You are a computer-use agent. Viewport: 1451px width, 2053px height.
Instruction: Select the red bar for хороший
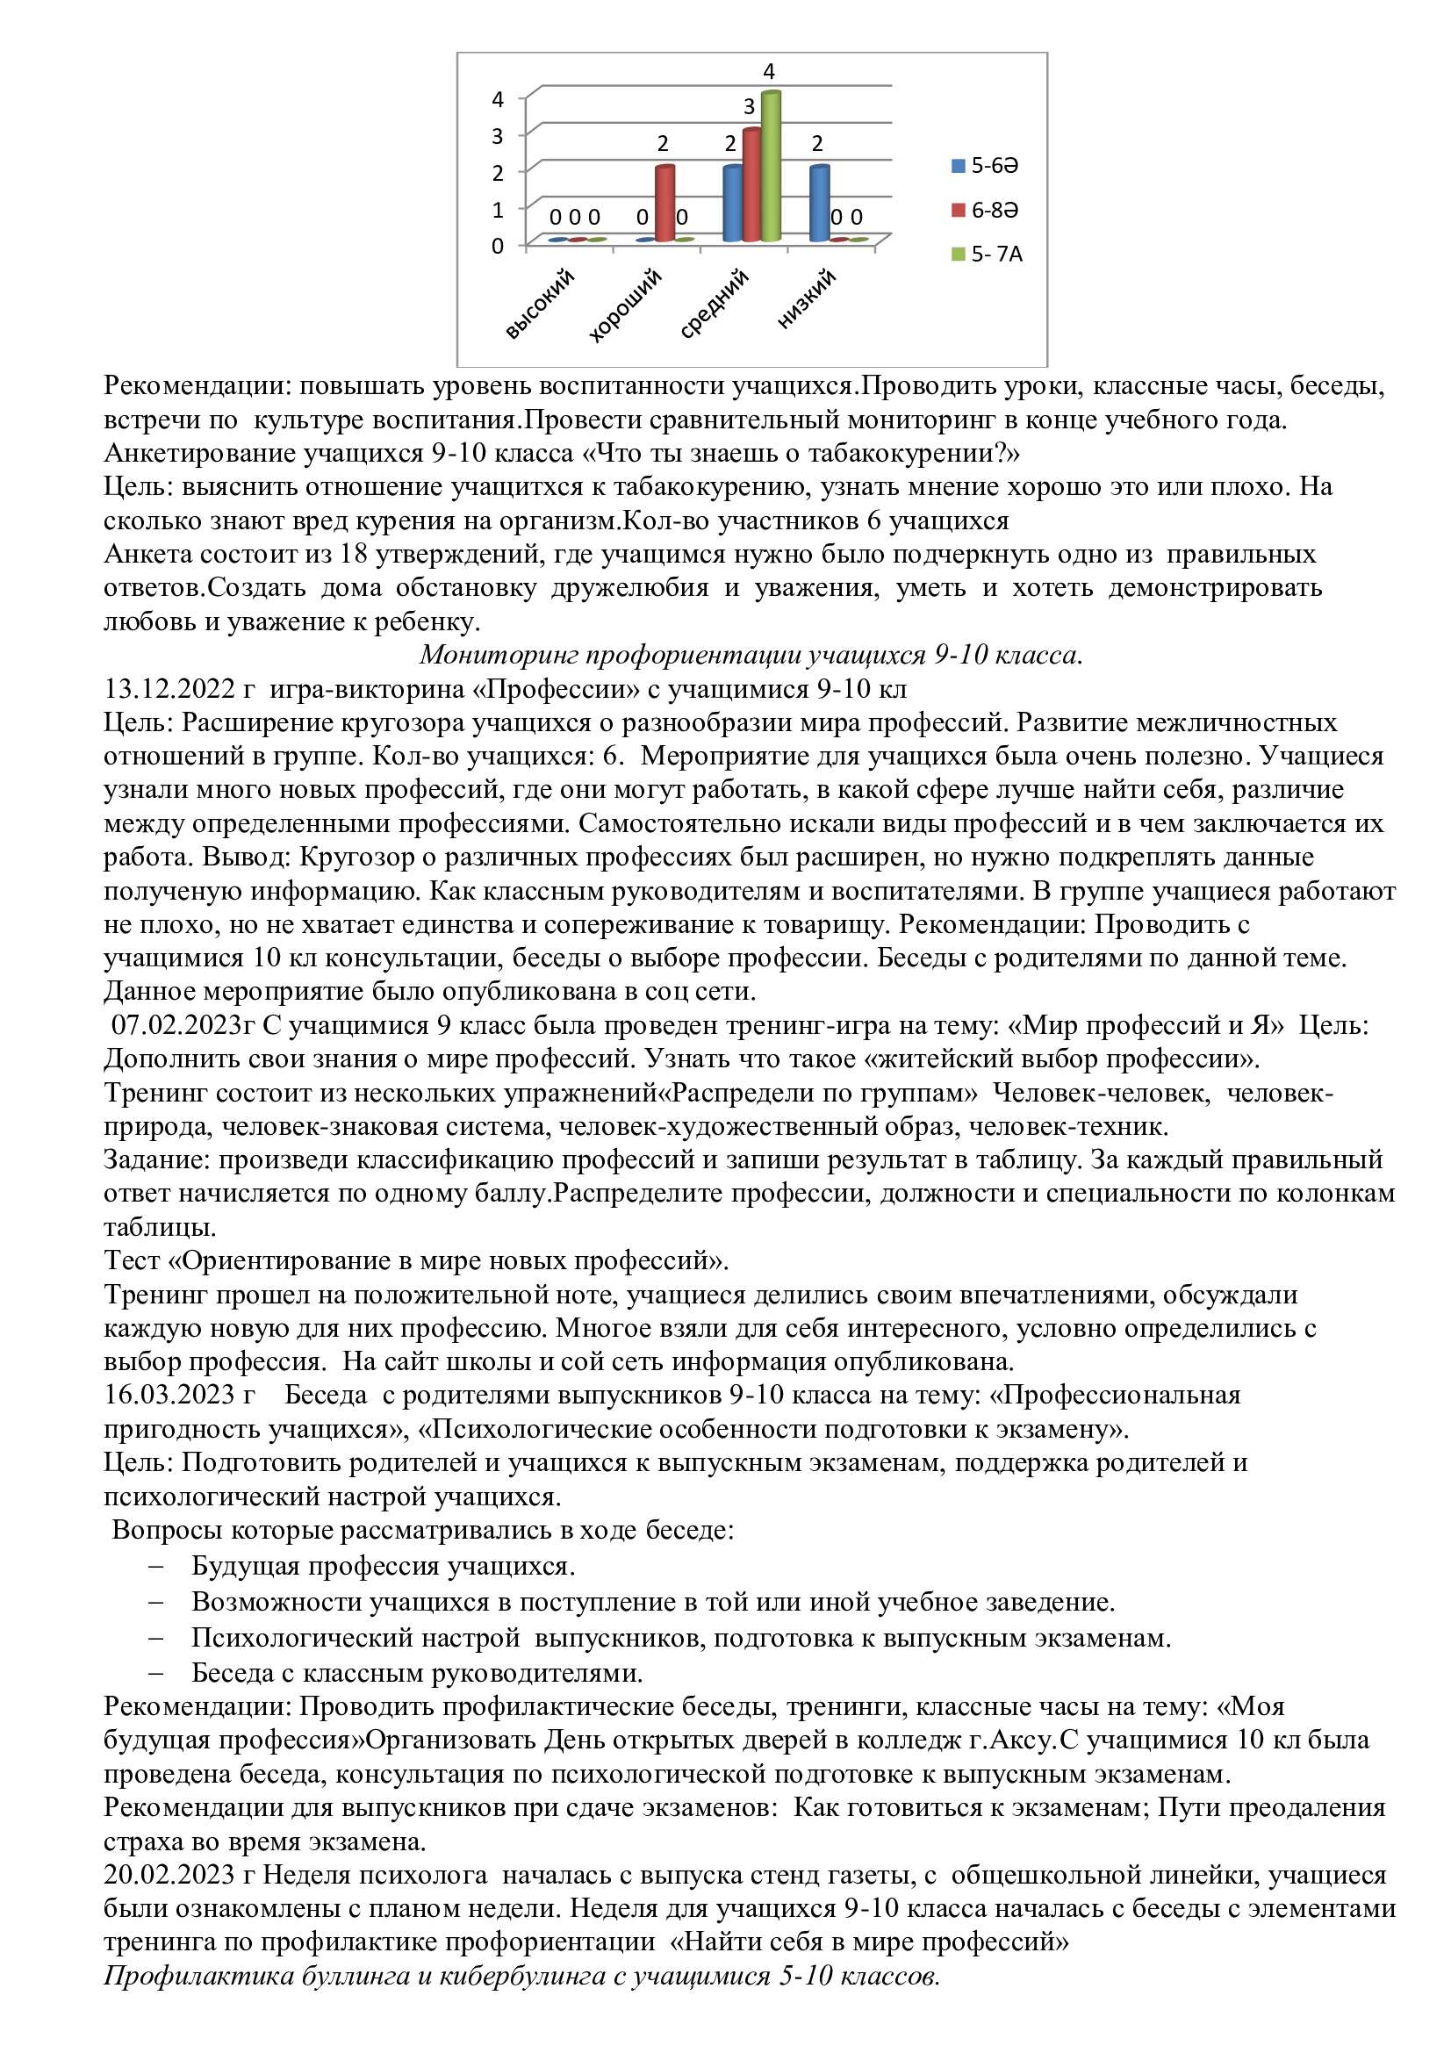click(x=664, y=204)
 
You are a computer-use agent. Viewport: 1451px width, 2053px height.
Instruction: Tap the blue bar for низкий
click(x=819, y=204)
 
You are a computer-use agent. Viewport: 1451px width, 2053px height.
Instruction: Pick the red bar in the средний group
click(x=751, y=185)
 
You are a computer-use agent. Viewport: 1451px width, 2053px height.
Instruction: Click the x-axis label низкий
click(x=807, y=299)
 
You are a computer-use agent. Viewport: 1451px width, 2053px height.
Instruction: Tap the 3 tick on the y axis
click(x=498, y=135)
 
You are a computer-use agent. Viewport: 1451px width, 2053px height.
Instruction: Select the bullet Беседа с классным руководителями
click(x=417, y=1672)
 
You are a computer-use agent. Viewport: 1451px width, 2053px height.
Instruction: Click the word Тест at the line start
click(x=132, y=1260)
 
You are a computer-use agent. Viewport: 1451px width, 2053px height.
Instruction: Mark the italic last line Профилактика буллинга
click(x=521, y=1975)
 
